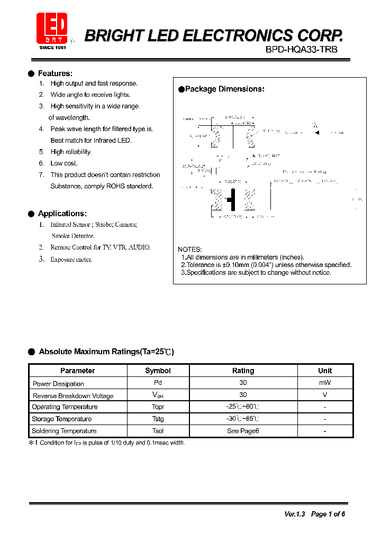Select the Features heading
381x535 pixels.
pyautogui.click(x=55, y=73)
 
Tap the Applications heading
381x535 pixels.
pyautogui.click(x=62, y=214)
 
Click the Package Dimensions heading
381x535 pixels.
pyautogui.click(x=224, y=89)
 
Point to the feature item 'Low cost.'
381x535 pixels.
pyautogui.click(x=63, y=163)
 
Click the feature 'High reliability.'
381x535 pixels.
pyautogui.click(x=70, y=152)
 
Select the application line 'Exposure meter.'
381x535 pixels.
pyautogui.click(x=71, y=260)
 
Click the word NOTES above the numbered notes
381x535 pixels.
pyautogui.click(x=189, y=250)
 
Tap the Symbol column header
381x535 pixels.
pyautogui.click(x=158, y=371)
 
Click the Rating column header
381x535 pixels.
pyautogui.click(x=243, y=371)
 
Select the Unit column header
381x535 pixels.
pyautogui.click(x=325, y=371)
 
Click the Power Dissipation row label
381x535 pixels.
pyautogui.click(x=58, y=384)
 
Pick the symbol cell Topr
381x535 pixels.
pyautogui.click(x=158, y=407)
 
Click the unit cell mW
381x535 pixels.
pyautogui.click(x=325, y=383)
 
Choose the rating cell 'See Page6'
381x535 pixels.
pyautogui.click(x=243, y=431)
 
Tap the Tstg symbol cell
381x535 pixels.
pyautogui.click(x=158, y=419)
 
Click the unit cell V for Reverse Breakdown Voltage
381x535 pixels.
pyautogui.click(x=325, y=395)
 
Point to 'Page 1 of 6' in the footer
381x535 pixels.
pyautogui.click(x=328, y=514)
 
